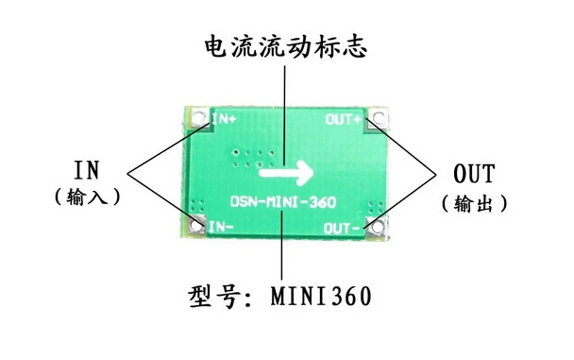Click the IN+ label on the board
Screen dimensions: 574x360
[225, 119]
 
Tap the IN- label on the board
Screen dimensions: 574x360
[221, 227]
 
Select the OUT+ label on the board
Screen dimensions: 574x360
[344, 119]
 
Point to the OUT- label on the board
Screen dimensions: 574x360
[342, 229]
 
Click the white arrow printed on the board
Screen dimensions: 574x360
[286, 173]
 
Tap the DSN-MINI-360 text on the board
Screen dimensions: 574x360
[283, 202]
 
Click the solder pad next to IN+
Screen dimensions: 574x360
[198, 118]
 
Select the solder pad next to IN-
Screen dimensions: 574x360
[197, 226]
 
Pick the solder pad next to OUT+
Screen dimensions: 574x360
[378, 118]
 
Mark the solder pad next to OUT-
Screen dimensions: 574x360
[377, 227]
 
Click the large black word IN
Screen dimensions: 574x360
[87, 170]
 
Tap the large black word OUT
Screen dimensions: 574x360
[474, 174]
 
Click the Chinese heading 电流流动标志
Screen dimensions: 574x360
[285, 46]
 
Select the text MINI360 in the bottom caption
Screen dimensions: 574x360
[321, 296]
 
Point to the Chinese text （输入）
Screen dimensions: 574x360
[87, 197]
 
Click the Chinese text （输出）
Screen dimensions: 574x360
[475, 203]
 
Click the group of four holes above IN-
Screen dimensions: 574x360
[198, 205]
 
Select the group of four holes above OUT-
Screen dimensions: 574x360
[376, 207]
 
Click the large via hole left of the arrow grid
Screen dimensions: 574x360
[237, 152]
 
